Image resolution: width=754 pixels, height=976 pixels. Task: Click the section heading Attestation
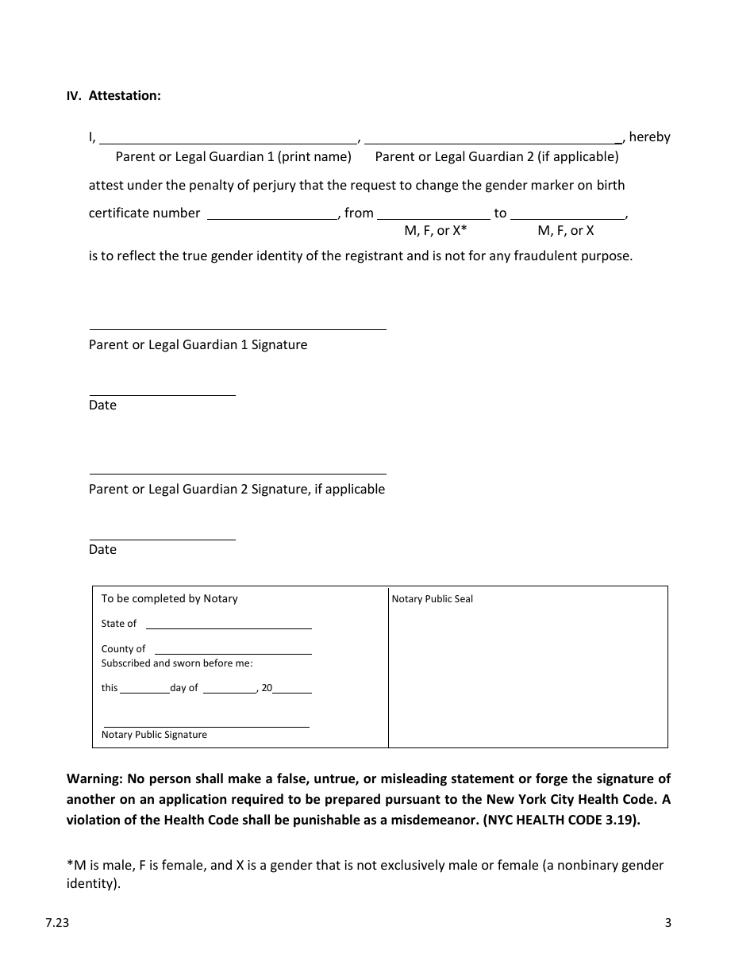tap(125, 95)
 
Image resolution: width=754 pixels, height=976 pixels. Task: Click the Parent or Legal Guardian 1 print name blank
tap(229, 136)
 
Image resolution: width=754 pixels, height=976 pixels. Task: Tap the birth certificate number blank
tap(272, 213)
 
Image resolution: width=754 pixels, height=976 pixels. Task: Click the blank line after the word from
tap(433, 213)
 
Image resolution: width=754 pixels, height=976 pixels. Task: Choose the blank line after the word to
tap(567, 213)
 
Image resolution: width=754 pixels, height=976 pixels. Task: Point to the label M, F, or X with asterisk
tap(436, 231)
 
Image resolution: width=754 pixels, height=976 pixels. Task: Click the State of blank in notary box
tap(229, 623)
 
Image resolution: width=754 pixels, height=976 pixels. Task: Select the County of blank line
tap(231, 648)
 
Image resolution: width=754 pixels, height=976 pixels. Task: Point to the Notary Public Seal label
tap(432, 599)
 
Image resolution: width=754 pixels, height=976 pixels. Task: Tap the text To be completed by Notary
tap(169, 598)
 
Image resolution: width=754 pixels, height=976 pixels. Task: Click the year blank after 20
tap(292, 688)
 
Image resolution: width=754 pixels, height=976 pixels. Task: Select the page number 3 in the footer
tap(668, 922)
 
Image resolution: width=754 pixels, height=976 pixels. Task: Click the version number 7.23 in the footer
tap(56, 922)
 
